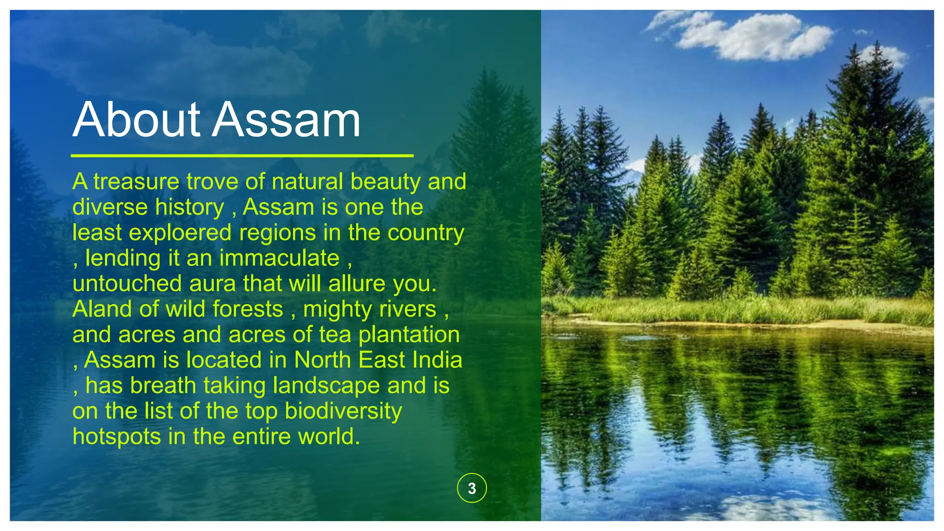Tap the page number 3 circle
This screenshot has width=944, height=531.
pos(472,488)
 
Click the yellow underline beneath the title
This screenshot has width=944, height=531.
pos(242,156)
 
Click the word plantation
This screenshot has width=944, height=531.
pos(409,335)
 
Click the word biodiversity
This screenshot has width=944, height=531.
pos(343,411)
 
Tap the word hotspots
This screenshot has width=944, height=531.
pos(117,437)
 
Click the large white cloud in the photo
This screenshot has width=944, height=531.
pos(756,37)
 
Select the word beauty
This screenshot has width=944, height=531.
pos(385,182)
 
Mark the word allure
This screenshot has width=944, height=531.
pos(357,283)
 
